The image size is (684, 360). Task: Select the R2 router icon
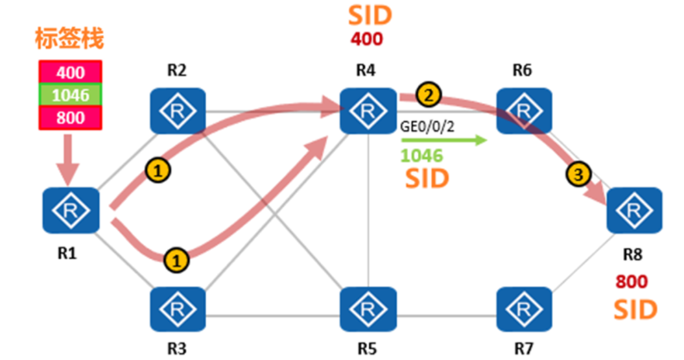pyautogui.click(x=178, y=111)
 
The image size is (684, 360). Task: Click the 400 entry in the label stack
pyautogui.click(x=71, y=72)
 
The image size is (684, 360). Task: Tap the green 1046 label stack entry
pyautogui.click(x=71, y=95)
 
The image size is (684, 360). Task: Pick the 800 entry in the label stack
pyautogui.click(x=71, y=117)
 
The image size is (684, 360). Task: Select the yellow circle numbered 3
pyautogui.click(x=576, y=174)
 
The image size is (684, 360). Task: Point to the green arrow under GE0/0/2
pyautogui.click(x=443, y=141)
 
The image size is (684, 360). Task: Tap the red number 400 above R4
pyautogui.click(x=367, y=39)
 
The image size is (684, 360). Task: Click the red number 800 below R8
pyautogui.click(x=632, y=282)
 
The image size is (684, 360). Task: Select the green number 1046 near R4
pyautogui.click(x=422, y=156)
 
